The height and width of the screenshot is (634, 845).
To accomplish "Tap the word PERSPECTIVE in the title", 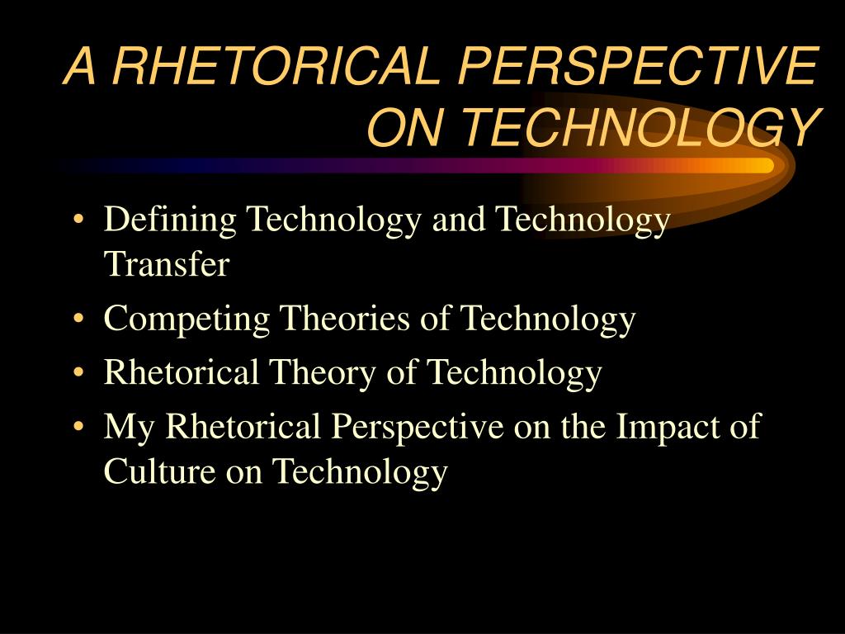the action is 639,66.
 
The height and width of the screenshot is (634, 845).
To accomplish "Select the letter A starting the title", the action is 80,66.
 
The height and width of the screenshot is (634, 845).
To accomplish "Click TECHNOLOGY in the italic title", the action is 642,126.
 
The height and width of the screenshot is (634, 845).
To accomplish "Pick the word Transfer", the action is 167,263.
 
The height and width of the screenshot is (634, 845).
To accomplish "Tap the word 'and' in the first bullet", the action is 459,219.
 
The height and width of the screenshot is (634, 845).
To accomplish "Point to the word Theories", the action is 344,318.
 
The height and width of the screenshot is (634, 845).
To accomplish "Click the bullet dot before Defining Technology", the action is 78,220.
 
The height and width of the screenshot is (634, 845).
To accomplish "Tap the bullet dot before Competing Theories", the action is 78,318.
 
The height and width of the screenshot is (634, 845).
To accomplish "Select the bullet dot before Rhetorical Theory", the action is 78,372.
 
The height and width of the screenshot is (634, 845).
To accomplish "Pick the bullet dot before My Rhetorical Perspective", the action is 78,427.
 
